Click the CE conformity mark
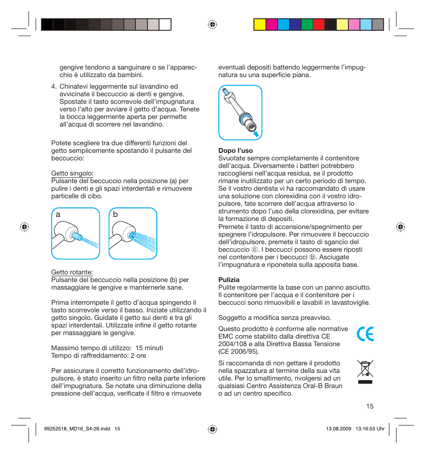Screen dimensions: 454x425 (365, 333)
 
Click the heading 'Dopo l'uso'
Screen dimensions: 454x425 (235, 151)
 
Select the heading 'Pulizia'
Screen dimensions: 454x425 (229, 280)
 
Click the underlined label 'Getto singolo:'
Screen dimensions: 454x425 (72, 173)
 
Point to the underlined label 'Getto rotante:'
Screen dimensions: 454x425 (72, 272)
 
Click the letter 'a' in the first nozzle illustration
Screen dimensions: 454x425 (58, 214)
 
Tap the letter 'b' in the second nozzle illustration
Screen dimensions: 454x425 (115, 214)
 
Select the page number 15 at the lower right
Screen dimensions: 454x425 (369, 406)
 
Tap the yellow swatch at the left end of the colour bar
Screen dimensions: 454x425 (260, 24)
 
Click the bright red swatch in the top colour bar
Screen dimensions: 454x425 (319, 24)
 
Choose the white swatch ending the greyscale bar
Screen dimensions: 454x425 (165, 24)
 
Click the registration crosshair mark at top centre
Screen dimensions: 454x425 (212, 24)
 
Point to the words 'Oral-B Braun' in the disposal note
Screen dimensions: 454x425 (323, 386)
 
